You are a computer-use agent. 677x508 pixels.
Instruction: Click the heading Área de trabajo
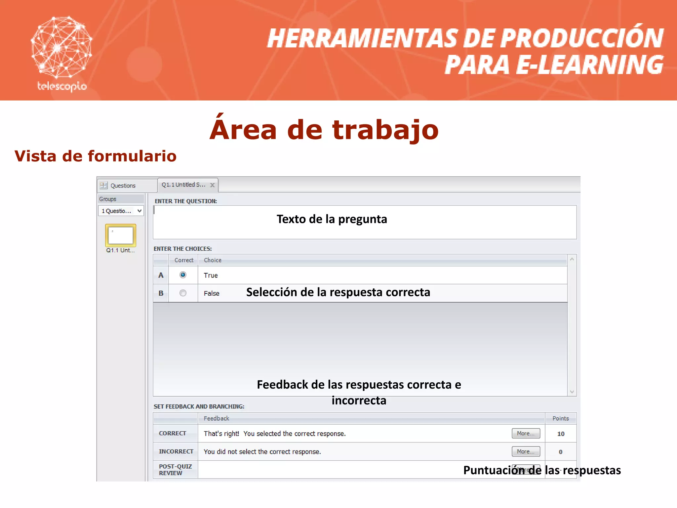pyautogui.click(x=324, y=130)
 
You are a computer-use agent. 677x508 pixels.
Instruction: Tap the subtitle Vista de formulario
pyautogui.click(x=95, y=156)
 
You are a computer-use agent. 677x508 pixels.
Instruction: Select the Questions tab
pyautogui.click(x=123, y=186)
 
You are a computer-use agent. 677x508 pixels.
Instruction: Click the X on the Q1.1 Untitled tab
pyautogui.click(x=213, y=185)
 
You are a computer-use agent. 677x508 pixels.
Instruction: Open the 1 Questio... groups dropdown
pyautogui.click(x=121, y=211)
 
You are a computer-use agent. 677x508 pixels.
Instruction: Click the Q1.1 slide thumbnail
pyautogui.click(x=121, y=235)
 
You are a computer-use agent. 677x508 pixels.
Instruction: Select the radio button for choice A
pyautogui.click(x=183, y=275)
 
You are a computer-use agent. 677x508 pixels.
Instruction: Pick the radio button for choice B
pyautogui.click(x=183, y=293)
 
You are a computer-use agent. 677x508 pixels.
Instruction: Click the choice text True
pyautogui.click(x=211, y=275)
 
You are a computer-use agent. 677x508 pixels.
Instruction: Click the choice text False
pyautogui.click(x=211, y=293)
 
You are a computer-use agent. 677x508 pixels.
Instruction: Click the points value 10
pyautogui.click(x=561, y=434)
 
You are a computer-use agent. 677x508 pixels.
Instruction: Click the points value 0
pyautogui.click(x=561, y=452)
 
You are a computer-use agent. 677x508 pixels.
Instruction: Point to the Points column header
pyautogui.click(x=561, y=418)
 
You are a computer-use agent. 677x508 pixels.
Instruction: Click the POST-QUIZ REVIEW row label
pyautogui.click(x=175, y=470)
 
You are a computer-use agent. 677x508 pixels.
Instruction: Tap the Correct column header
pyautogui.click(x=184, y=260)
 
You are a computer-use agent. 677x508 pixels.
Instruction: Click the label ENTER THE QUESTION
pyautogui.click(x=186, y=201)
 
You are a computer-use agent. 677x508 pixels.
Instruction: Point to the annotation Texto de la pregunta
pyautogui.click(x=332, y=219)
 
